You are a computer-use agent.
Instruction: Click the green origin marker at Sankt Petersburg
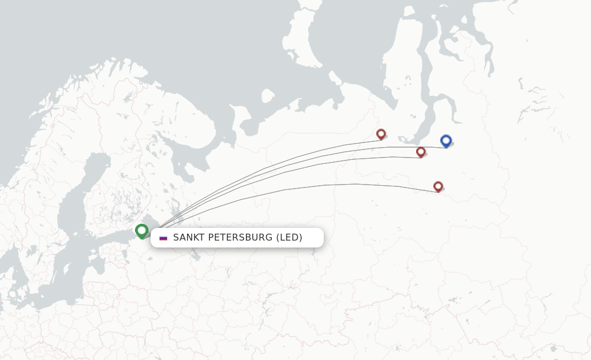(141, 231)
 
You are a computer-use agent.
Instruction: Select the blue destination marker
(446, 140)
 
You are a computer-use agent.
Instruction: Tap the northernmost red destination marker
(381, 134)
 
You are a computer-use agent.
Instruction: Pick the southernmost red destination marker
(438, 186)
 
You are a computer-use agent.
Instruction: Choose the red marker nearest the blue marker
(421, 152)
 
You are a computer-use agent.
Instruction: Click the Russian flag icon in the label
(163, 238)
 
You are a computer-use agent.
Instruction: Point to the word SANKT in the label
(188, 238)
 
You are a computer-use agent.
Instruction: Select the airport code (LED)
(289, 238)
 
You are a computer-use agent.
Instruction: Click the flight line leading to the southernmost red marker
(323, 185)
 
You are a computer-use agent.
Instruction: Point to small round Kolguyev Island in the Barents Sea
(267, 96)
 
